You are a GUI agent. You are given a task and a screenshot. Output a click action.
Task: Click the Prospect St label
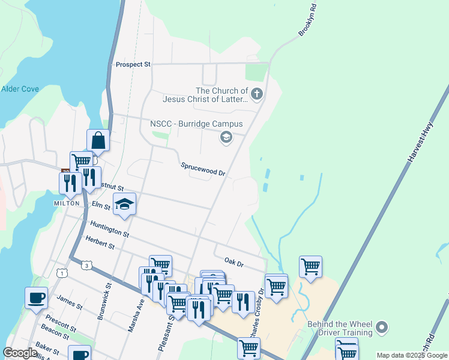coord(133,64)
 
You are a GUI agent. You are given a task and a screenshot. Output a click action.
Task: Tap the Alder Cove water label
coord(20,89)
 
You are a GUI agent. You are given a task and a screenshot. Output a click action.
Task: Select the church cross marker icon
coord(256,94)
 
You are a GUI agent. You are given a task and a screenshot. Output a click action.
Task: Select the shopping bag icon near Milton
coord(98,141)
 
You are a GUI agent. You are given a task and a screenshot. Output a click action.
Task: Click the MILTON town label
coord(66,203)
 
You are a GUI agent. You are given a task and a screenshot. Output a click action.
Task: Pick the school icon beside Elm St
coord(124,205)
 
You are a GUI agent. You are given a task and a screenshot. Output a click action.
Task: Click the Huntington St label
coord(109,229)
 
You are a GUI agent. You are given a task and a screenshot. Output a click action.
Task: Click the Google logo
coord(20,353)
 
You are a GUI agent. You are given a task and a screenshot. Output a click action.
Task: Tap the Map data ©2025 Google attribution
coord(411,355)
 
